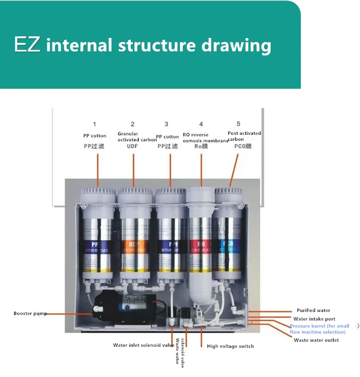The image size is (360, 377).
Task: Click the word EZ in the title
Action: pyautogui.click(x=27, y=44)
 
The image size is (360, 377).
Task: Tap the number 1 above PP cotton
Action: pyautogui.click(x=94, y=124)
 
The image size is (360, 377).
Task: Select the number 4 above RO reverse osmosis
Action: pyautogui.click(x=201, y=124)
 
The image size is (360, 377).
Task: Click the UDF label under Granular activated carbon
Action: pyautogui.click(x=133, y=146)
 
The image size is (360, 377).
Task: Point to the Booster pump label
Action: pyautogui.click(x=30, y=313)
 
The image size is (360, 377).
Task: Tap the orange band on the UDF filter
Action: pyautogui.click(x=133, y=246)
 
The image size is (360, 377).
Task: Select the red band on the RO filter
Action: pyautogui.click(x=200, y=246)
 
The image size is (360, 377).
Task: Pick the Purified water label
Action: pyautogui.click(x=313, y=310)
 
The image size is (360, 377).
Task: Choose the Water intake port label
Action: pyautogui.click(x=314, y=319)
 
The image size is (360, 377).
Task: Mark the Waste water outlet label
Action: pyautogui.click(x=316, y=340)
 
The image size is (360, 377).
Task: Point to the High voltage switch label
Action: pyautogui.click(x=230, y=346)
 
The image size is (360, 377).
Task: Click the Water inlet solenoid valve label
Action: pyautogui.click(x=143, y=346)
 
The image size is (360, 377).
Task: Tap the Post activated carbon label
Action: pyautogui.click(x=244, y=136)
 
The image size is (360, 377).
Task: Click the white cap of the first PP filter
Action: pyautogui.click(x=98, y=193)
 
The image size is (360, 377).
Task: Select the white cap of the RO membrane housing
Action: pyautogui.click(x=201, y=193)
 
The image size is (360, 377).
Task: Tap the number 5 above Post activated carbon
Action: pyautogui.click(x=238, y=124)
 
